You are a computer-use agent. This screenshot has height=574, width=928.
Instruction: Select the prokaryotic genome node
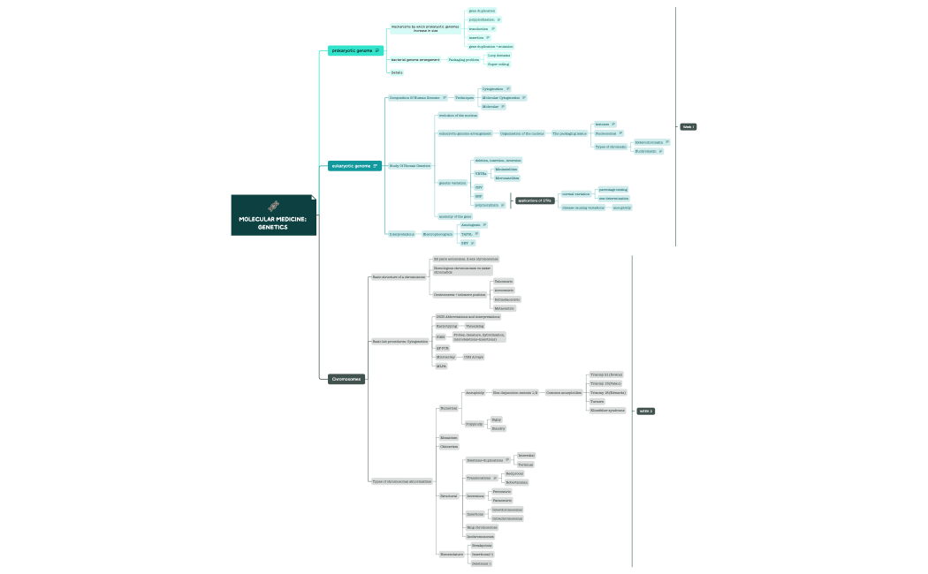coord(352,50)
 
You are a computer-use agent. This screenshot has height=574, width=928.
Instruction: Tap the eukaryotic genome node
coord(352,165)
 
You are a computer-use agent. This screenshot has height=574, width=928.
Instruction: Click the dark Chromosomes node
coord(346,379)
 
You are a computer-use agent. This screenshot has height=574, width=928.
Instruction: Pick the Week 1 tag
coord(688,127)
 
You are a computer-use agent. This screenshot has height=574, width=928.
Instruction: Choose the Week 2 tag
coord(646,411)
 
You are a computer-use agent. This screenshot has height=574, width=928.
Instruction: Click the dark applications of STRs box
coord(536,200)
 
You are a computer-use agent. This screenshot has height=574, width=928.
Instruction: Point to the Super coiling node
coord(498,64)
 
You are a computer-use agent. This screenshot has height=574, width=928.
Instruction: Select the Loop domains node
coord(498,55)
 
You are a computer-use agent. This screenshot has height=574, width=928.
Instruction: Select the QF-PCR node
coord(443,347)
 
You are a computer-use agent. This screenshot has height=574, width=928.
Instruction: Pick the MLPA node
coord(441,366)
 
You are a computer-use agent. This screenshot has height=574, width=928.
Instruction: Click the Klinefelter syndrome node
coord(607,411)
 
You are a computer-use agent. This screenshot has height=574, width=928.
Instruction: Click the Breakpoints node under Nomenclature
coord(482,546)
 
